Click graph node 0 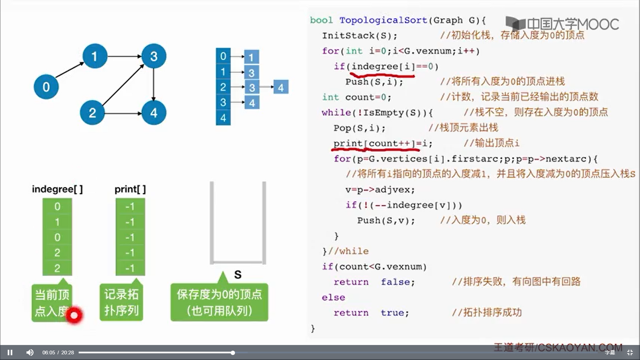[x=46, y=87]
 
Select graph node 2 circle [x=92, y=113]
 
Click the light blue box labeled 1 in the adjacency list [x=251, y=57]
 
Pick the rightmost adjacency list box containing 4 [x=281, y=87]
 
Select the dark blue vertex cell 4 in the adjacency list [x=223, y=118]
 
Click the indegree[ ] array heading [x=57, y=189]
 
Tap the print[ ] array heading [x=130, y=189]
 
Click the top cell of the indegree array [x=57, y=206]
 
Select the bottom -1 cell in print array [x=130, y=268]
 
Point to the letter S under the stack [x=238, y=275]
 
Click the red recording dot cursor [x=74, y=315]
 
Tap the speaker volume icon [x=30, y=352]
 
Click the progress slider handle [x=233, y=352]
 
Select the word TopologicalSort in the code [x=383, y=20]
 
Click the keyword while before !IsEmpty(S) [x=336, y=113]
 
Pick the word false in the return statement [x=397, y=282]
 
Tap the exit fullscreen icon [x=630, y=352]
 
